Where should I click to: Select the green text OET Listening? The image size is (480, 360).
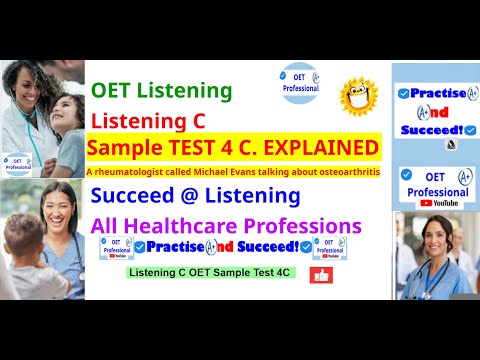click(161, 92)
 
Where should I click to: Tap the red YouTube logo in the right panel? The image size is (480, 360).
click(427, 202)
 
